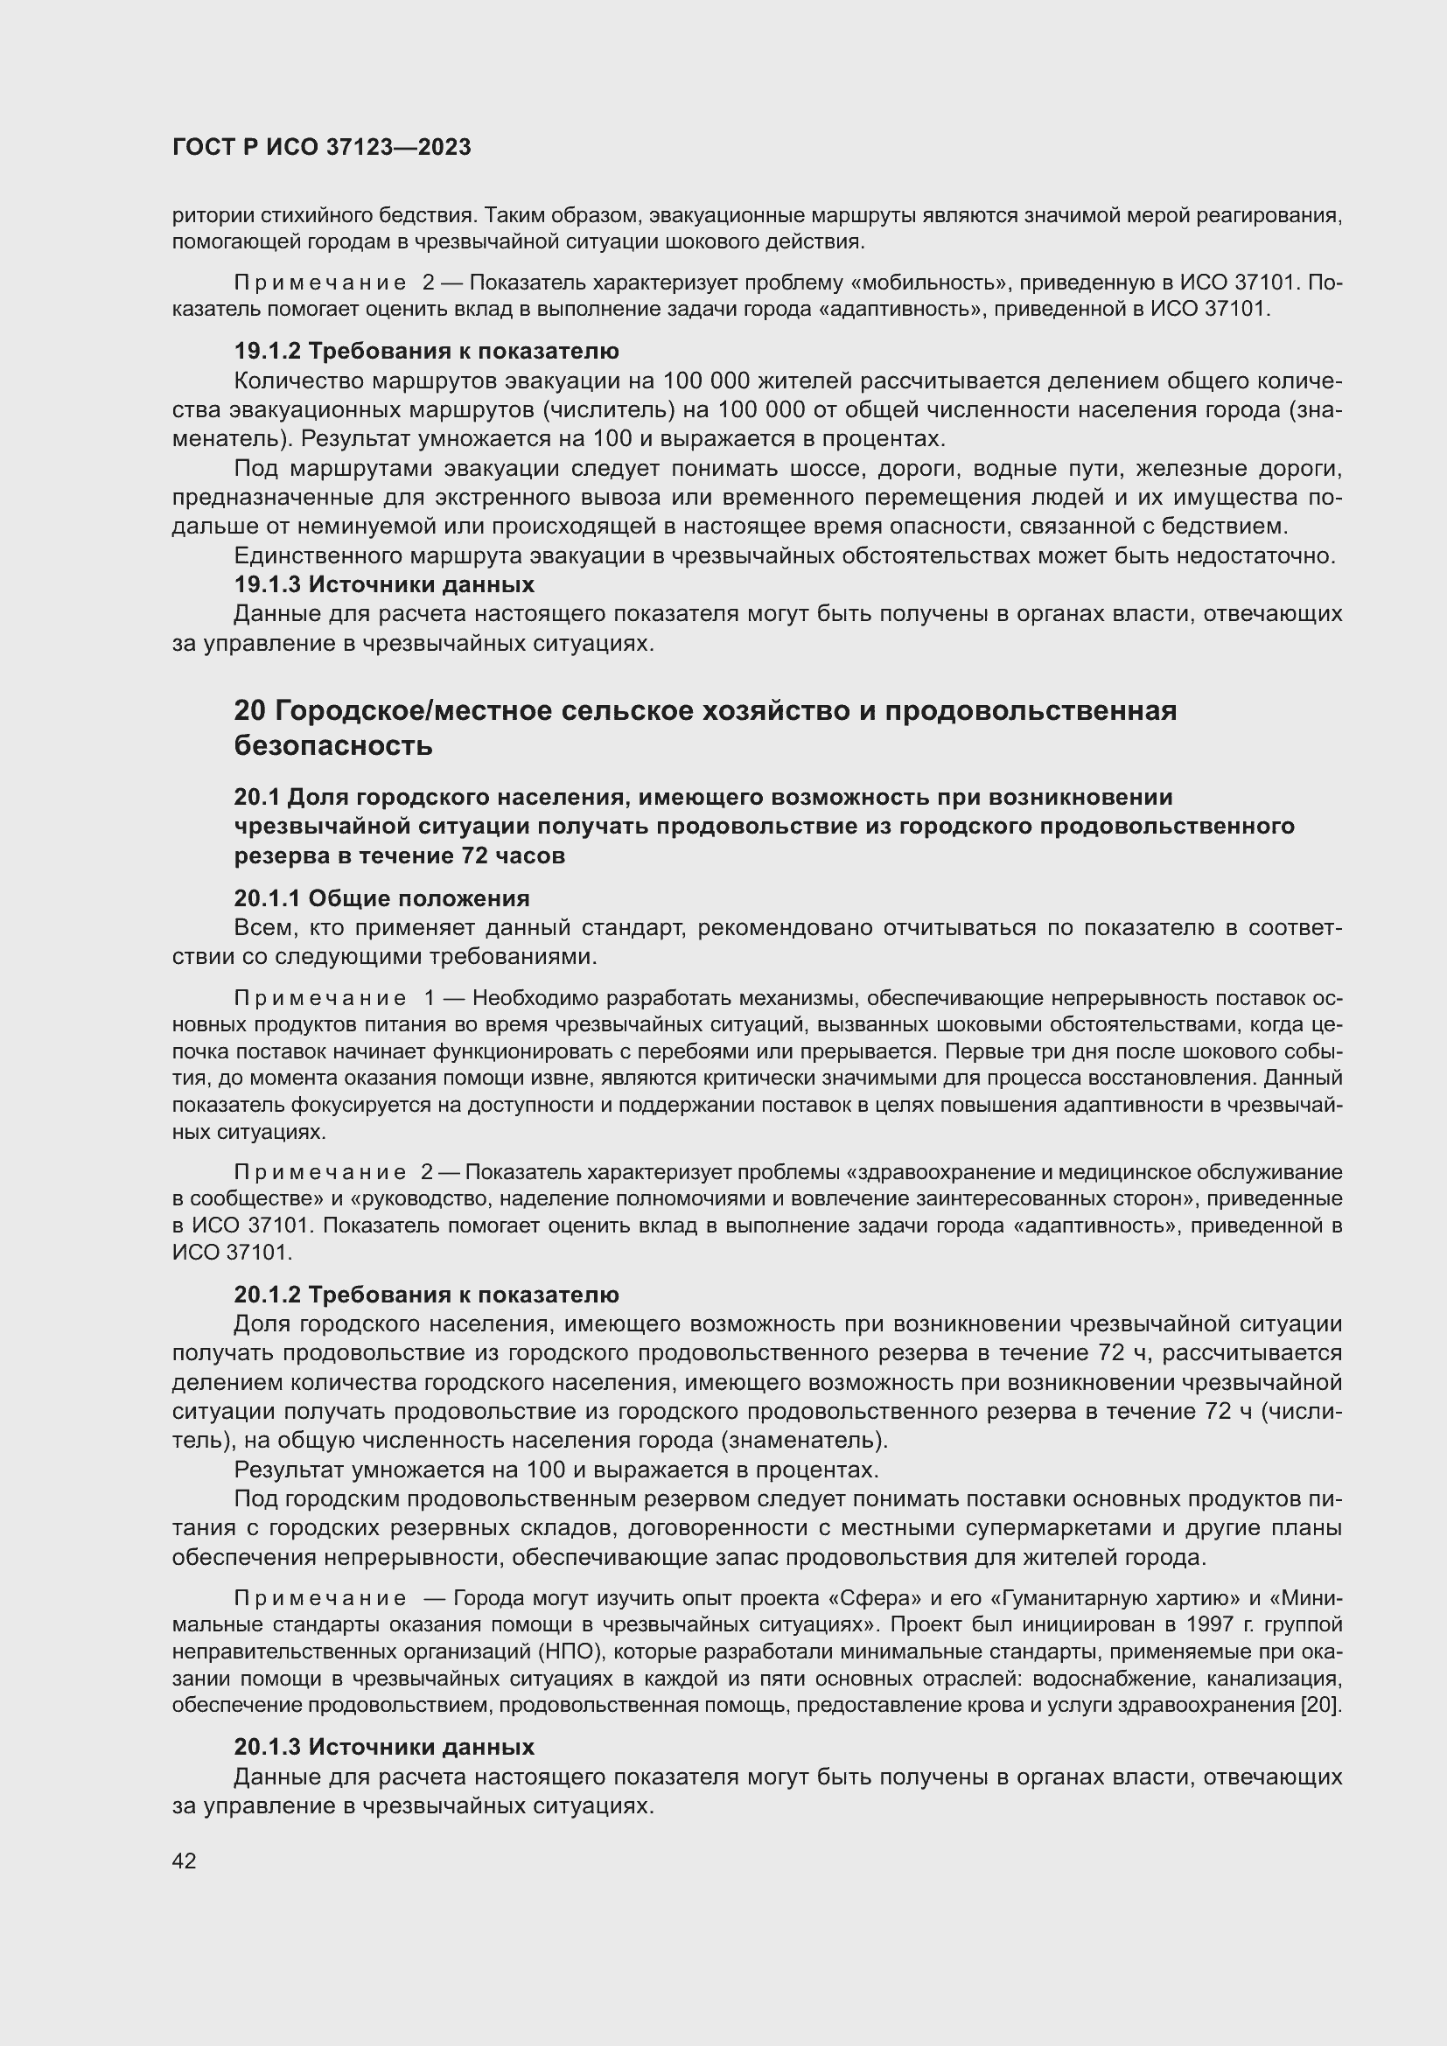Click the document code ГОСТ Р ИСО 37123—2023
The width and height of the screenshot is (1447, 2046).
click(322, 148)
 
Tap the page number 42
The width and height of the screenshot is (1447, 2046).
click(185, 1861)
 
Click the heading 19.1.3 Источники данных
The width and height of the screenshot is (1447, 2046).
click(384, 585)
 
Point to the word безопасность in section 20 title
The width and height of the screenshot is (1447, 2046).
click(333, 746)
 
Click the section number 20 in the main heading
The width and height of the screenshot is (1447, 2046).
click(249, 711)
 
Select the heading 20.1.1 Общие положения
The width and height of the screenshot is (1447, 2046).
click(381, 898)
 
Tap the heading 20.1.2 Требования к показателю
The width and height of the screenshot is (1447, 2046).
click(426, 1295)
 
